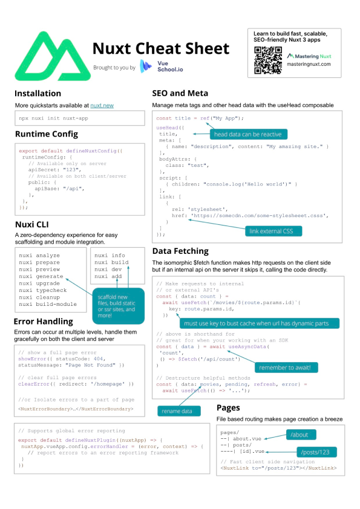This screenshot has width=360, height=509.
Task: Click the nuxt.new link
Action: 102,106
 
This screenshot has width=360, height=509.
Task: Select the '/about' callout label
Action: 301,434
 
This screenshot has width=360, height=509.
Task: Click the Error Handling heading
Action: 44,321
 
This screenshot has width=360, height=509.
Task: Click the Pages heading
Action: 229,408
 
